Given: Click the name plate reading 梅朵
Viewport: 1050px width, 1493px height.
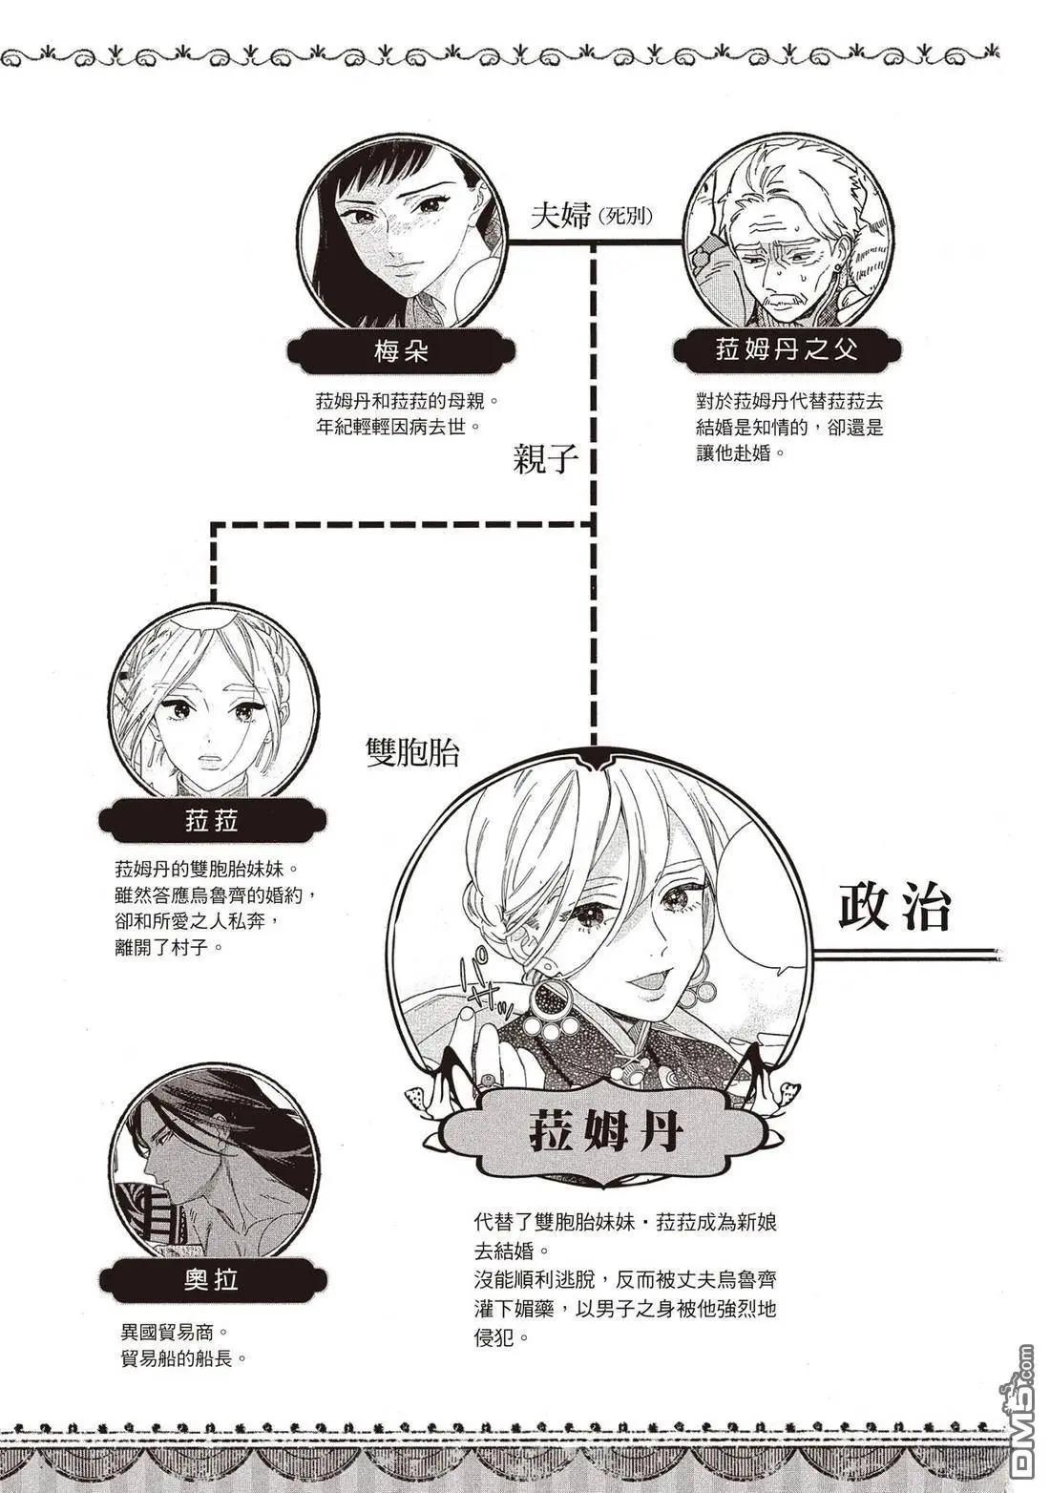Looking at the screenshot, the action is point(401,352).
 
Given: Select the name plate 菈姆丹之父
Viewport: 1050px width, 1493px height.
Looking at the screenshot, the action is point(787,350).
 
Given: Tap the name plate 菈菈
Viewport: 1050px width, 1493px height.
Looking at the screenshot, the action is point(212,820).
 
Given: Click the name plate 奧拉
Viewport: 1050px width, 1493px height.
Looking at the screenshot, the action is point(212,1279).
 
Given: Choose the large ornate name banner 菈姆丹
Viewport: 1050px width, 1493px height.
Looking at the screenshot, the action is point(605,1133).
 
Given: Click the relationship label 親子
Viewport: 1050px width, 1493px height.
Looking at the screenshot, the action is point(546,459).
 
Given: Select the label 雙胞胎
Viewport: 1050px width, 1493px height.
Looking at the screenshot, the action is point(412,752).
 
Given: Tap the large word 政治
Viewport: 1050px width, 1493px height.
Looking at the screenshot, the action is point(895,908).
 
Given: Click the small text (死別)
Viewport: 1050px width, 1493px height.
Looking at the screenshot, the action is point(625,217).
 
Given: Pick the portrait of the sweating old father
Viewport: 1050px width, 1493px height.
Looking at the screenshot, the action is point(788,232).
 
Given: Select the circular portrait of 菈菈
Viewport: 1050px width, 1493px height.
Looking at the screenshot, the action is point(213,702).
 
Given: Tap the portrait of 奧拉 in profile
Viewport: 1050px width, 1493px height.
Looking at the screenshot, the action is point(212,1162).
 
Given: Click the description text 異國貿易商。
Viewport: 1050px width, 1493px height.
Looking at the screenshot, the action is point(174,1332).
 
